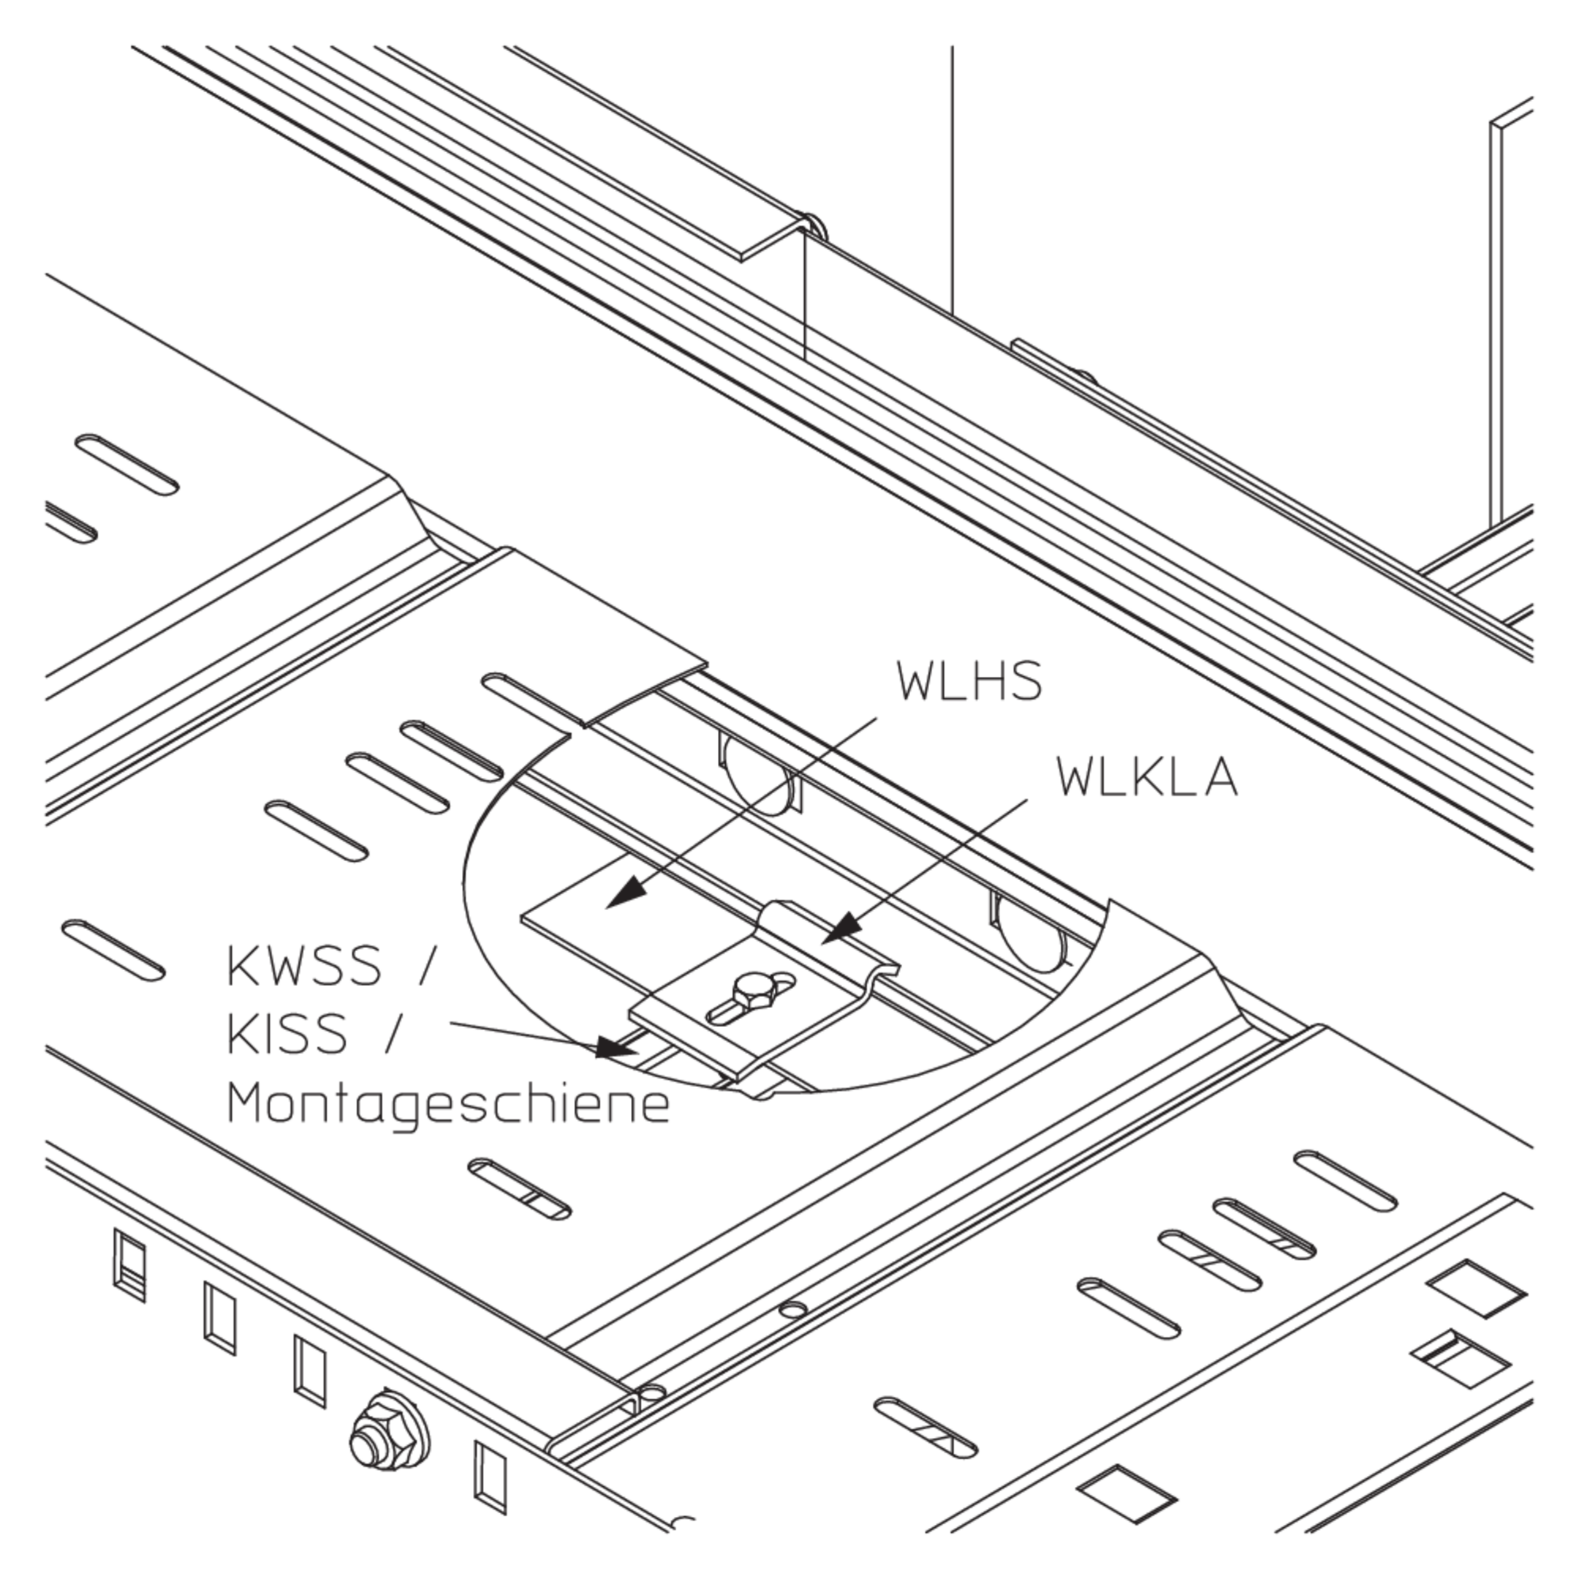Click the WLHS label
click(x=969, y=681)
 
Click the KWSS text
click(x=303, y=965)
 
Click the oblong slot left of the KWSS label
click(x=113, y=950)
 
